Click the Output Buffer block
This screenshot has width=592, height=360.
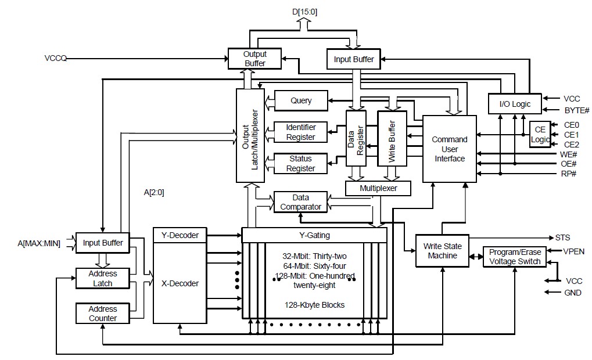[x=254, y=59]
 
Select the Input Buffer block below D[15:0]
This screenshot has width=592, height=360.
[x=353, y=59]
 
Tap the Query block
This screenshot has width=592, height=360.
[x=301, y=100]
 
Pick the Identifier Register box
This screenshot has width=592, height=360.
[x=300, y=132]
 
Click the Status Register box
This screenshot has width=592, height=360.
[x=300, y=163]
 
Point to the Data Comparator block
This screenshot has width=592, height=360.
[x=300, y=202]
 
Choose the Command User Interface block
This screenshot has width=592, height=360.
[x=449, y=149]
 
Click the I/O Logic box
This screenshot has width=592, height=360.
[x=515, y=104]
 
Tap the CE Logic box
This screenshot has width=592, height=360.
[x=540, y=134]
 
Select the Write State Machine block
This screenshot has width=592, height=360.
[x=442, y=251]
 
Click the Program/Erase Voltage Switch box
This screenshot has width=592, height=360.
[x=515, y=257]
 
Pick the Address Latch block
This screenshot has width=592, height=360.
[x=103, y=279]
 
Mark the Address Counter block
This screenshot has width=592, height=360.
[x=103, y=313]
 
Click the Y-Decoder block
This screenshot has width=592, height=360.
[x=180, y=235]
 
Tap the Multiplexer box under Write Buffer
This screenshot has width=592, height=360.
[x=378, y=188]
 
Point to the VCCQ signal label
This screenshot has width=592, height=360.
[x=56, y=58]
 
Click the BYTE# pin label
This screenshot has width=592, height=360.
[x=577, y=110]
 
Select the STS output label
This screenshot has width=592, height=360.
[x=562, y=237]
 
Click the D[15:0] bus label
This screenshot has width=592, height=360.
[x=304, y=12]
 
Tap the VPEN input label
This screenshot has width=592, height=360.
[x=573, y=251]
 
